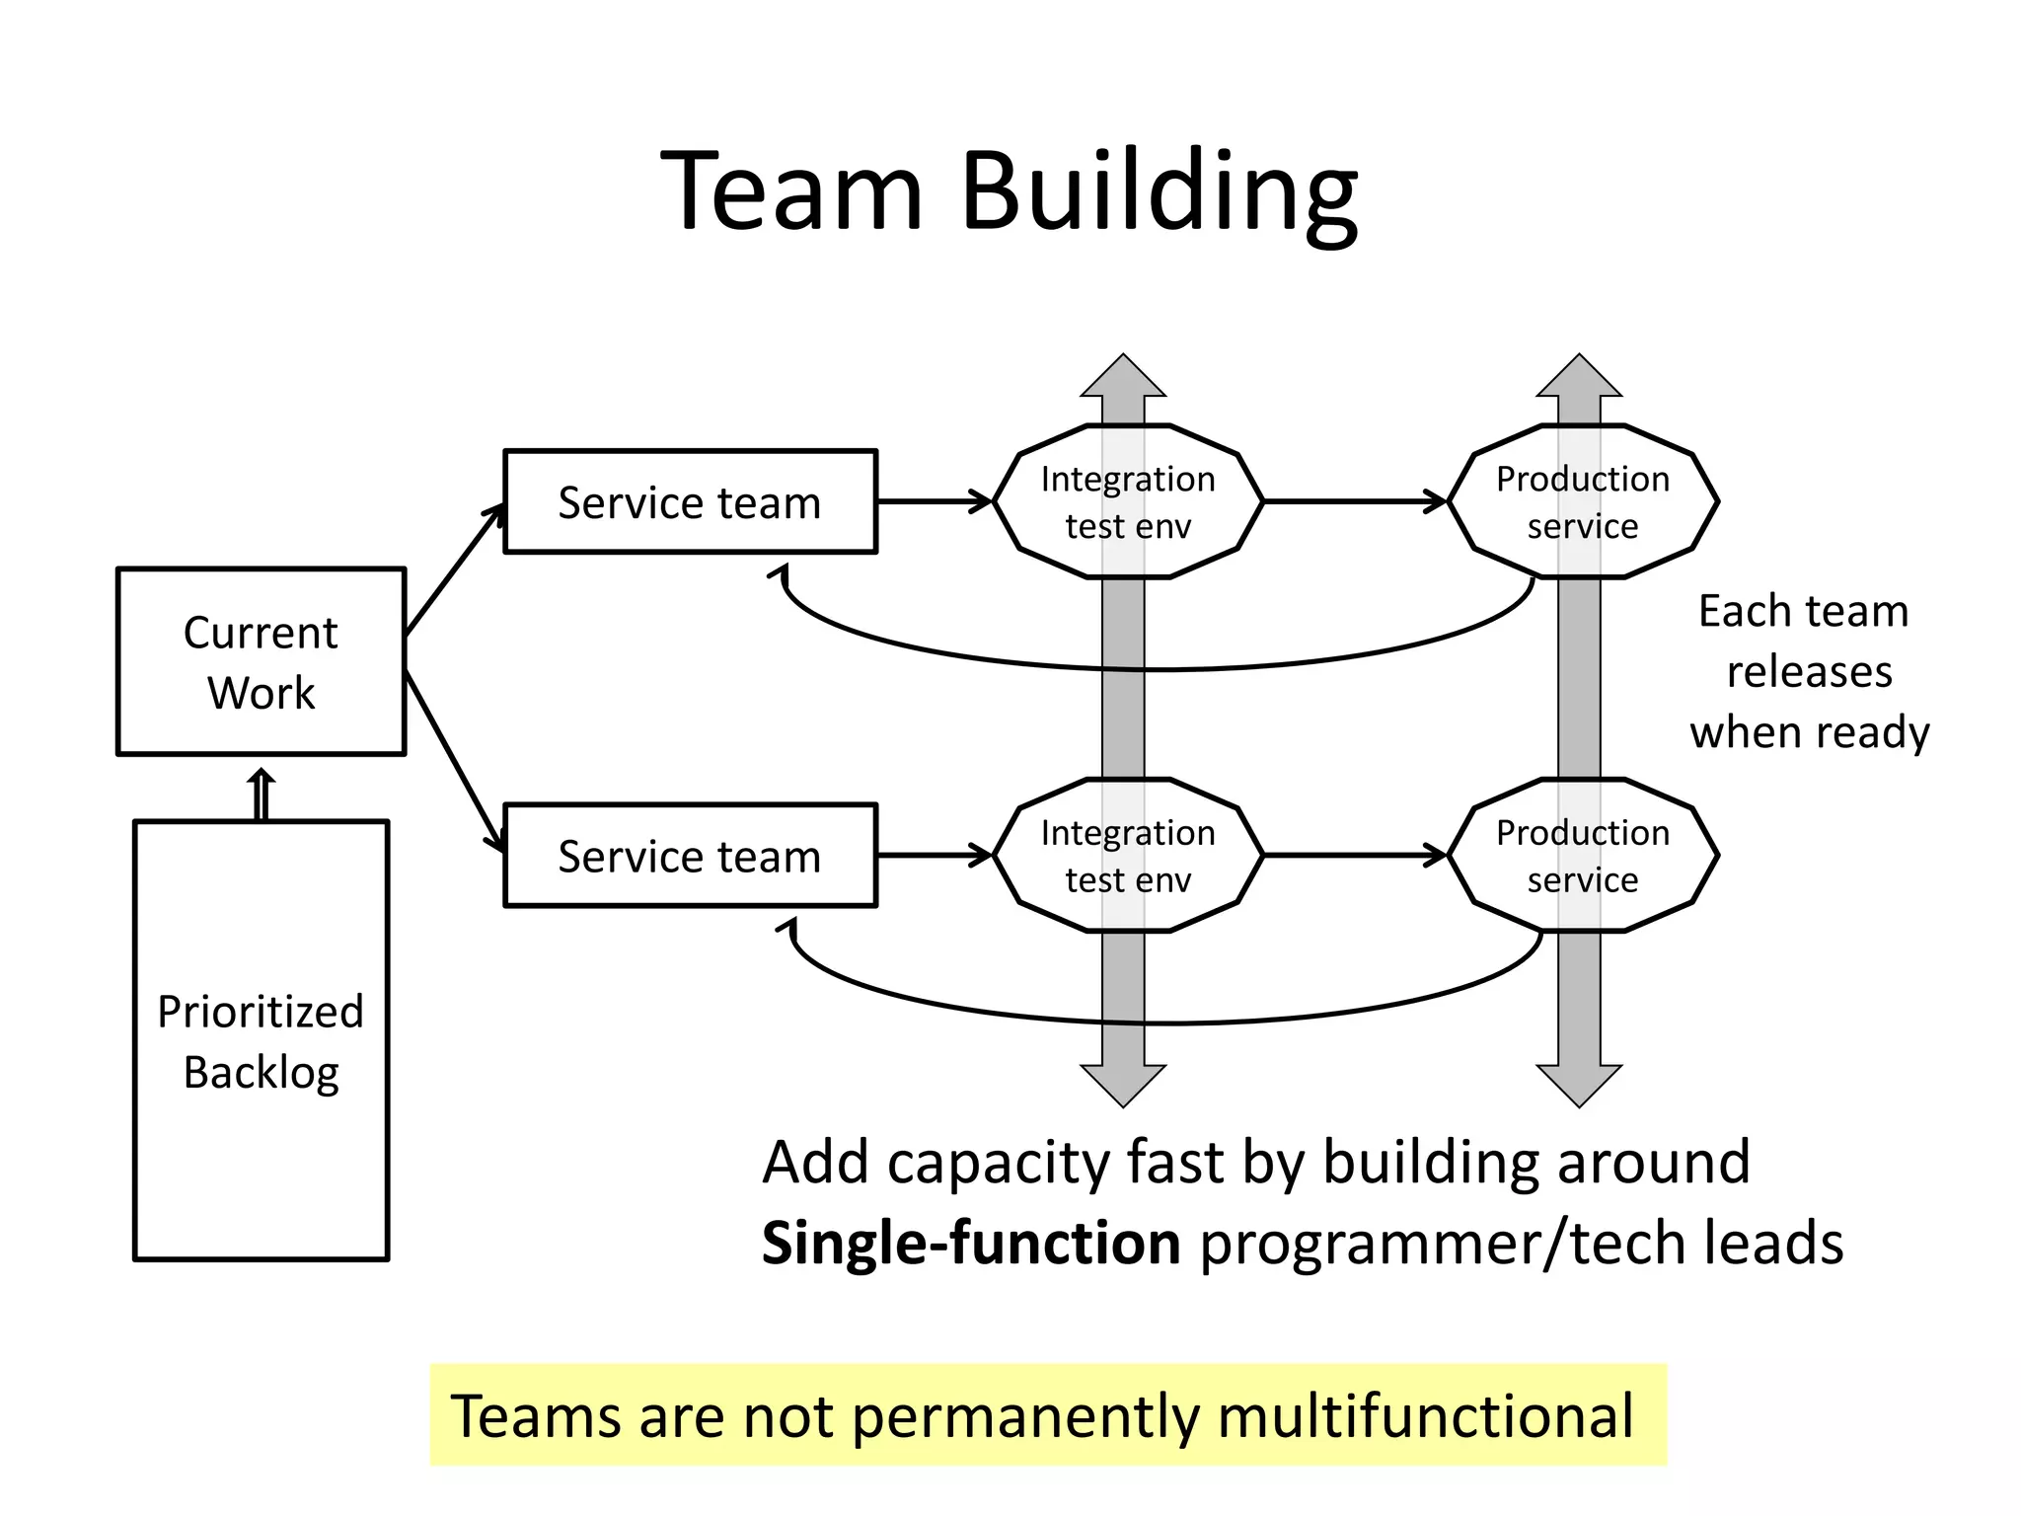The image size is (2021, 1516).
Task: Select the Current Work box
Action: [261, 661]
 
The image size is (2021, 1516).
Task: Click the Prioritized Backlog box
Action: [261, 1040]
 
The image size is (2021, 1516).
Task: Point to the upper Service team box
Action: [690, 501]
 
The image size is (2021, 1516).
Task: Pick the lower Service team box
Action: [690, 855]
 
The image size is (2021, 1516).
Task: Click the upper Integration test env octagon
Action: [1128, 501]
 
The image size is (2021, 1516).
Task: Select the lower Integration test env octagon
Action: [1128, 855]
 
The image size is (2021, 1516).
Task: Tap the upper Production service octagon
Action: [1583, 501]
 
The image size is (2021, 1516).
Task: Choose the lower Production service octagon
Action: [1583, 855]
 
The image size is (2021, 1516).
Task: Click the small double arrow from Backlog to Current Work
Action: [261, 796]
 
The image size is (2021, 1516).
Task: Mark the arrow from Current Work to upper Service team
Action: [454, 570]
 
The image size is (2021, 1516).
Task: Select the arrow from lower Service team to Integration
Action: [934, 855]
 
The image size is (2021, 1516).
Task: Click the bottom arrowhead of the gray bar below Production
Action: [1579, 1085]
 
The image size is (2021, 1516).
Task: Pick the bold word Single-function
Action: [971, 1243]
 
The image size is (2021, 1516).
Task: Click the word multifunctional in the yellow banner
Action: [1425, 1416]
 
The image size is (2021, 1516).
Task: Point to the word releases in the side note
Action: [1809, 672]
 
